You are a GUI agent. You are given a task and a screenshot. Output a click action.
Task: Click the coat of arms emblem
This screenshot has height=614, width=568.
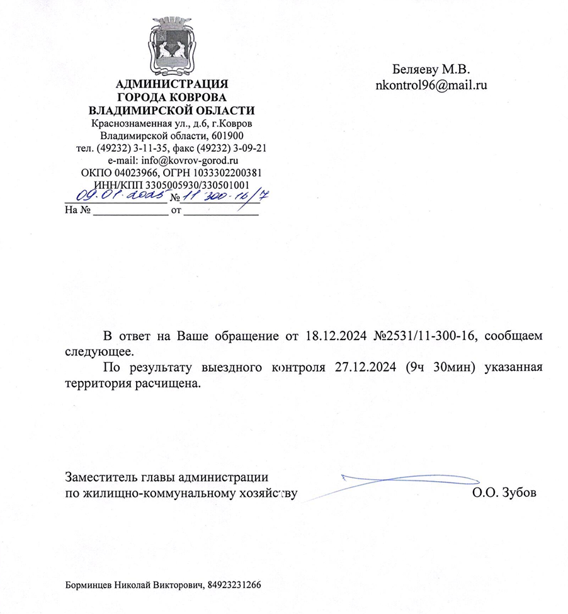pyautogui.click(x=173, y=45)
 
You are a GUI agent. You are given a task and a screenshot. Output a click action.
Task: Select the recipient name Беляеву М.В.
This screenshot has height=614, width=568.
pyautogui.click(x=431, y=69)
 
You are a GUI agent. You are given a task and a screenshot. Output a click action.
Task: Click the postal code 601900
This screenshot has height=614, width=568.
pyautogui.click(x=229, y=135)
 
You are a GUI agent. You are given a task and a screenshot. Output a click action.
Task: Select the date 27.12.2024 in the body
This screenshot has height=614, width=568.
pyautogui.click(x=366, y=367)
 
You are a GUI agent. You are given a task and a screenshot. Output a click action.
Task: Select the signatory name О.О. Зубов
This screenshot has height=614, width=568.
pyautogui.click(x=504, y=492)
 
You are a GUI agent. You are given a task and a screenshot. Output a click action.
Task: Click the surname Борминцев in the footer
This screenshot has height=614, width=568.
pyautogui.click(x=89, y=584)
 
